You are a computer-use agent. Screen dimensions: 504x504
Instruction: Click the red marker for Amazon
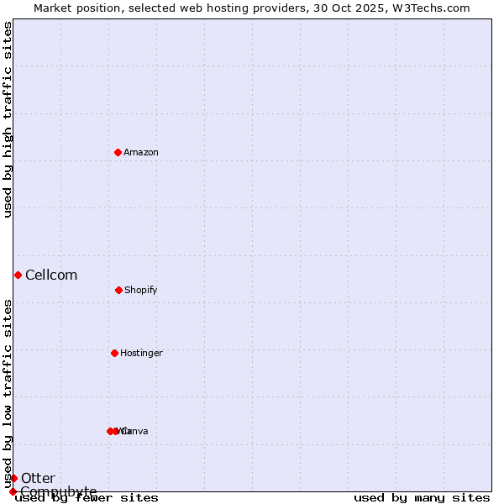pos(118,152)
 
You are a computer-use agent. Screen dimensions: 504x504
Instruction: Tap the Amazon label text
pos(141,152)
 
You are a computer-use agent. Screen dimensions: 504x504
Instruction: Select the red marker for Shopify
pos(118,290)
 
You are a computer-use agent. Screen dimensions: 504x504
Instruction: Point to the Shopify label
pos(141,290)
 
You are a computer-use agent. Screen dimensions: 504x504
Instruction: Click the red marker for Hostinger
pos(114,353)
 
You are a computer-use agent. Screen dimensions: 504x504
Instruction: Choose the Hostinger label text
pos(141,353)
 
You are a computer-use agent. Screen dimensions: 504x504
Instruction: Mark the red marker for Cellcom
pos(18,275)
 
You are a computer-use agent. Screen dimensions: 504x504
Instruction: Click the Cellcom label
pos(51,275)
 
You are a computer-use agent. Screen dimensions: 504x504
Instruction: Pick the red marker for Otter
pos(13,478)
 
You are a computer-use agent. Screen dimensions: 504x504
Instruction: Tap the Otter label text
pos(38,478)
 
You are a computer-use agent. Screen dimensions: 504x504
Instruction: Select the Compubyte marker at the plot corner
pos(13,491)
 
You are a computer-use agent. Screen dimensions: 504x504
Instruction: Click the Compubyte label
pos(59,491)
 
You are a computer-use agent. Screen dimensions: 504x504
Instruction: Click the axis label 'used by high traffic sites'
pos(8,119)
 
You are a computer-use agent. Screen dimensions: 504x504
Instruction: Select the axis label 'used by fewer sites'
pos(87,497)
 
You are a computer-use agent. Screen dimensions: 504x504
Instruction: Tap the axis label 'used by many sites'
pos(422,497)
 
